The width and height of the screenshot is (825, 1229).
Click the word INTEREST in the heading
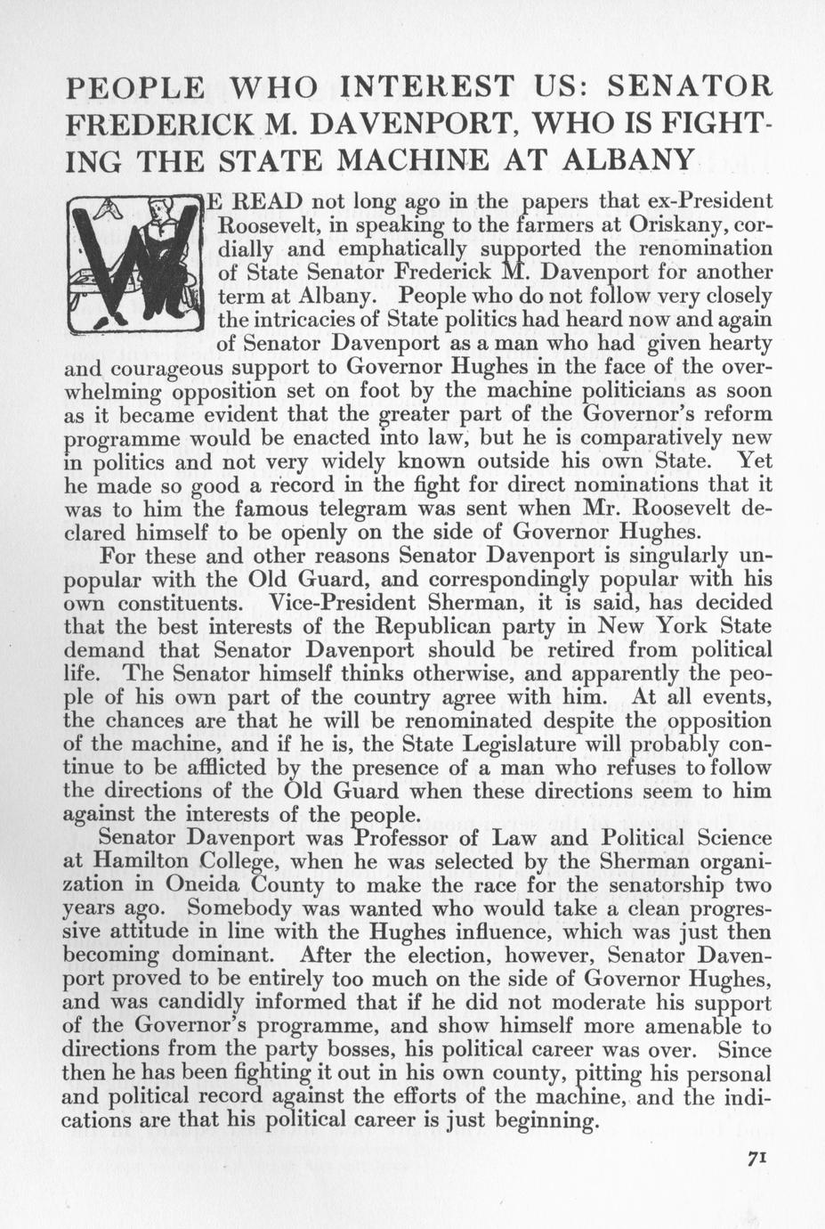click(x=428, y=87)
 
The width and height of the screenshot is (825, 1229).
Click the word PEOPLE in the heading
click(x=137, y=87)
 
